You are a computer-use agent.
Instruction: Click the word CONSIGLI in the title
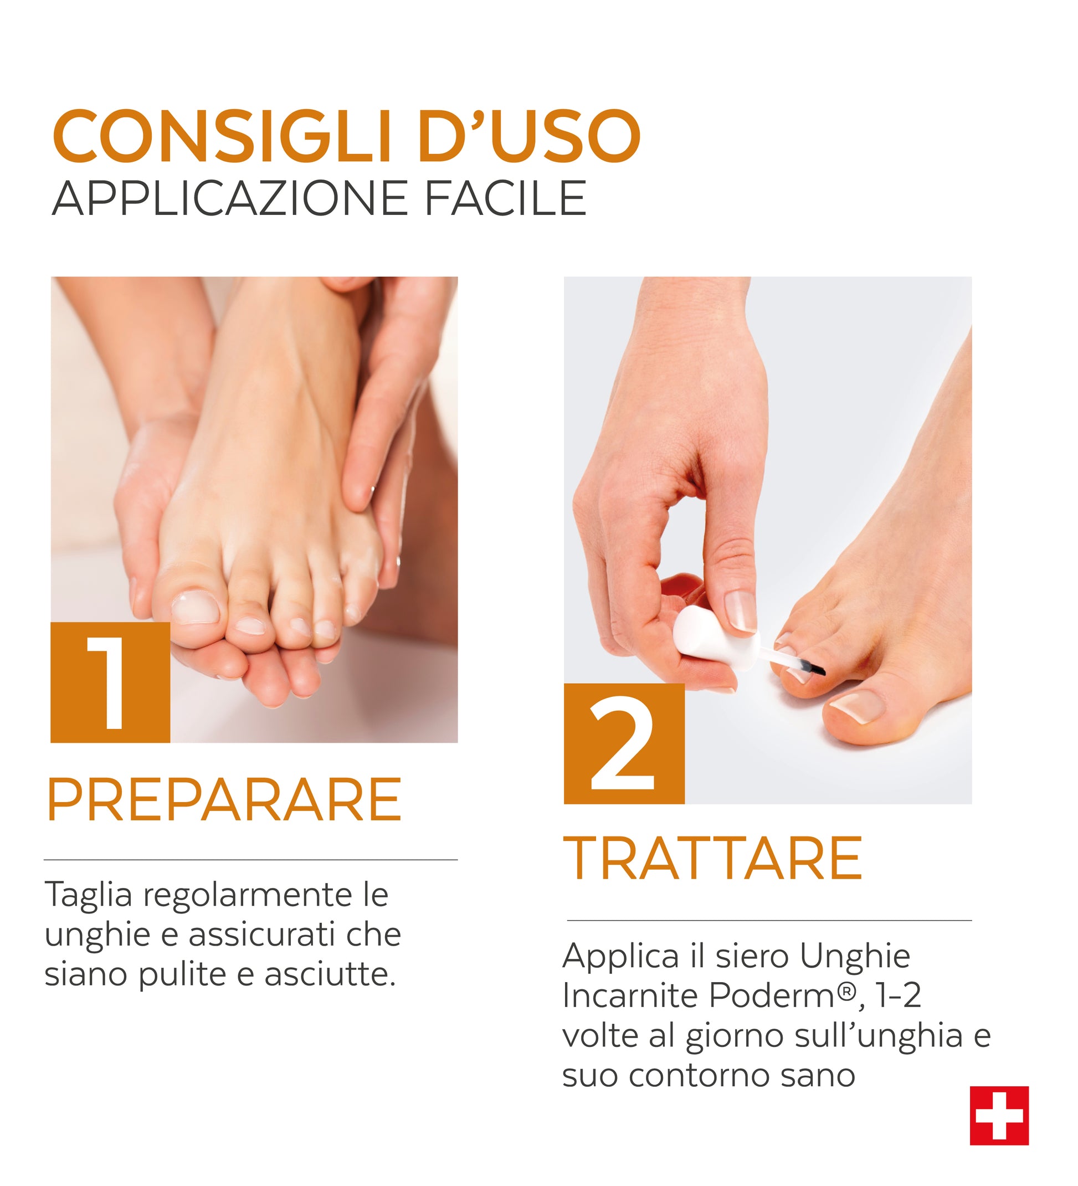point(223,136)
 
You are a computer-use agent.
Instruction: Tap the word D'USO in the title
point(529,136)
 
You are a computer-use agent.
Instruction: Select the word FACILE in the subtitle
point(505,198)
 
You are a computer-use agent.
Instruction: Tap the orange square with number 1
point(111,682)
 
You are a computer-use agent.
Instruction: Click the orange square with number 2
point(624,743)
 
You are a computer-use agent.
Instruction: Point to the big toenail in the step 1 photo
point(195,608)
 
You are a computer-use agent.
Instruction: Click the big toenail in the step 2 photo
point(859,706)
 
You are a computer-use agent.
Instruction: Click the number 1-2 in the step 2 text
point(898,995)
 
